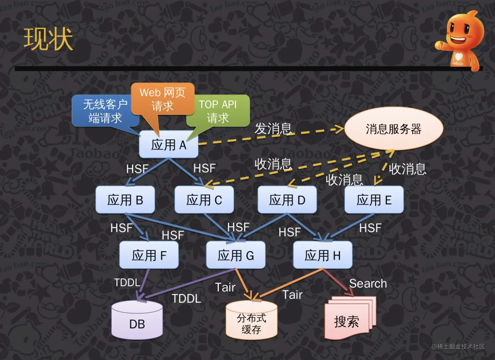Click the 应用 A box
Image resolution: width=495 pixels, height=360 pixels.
tap(168, 145)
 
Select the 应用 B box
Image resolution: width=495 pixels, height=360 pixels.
tap(125, 200)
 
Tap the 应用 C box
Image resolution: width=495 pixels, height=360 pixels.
tap(204, 200)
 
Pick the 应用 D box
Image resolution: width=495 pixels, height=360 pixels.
tap(287, 200)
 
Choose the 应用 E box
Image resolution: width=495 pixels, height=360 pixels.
tap(374, 200)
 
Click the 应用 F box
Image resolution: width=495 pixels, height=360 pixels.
tap(149, 255)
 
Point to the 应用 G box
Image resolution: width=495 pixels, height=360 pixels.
tap(236, 255)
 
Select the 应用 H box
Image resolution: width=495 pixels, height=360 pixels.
tap(323, 255)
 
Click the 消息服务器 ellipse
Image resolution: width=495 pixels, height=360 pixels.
tap(394, 129)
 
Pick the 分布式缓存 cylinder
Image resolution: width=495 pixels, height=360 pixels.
tap(251, 322)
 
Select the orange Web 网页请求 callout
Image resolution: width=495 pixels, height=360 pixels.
tap(162, 99)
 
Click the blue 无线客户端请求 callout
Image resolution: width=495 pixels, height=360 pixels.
tap(105, 111)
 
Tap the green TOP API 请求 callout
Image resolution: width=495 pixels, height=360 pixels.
tap(218, 111)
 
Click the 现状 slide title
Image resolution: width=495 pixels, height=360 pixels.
tap(48, 39)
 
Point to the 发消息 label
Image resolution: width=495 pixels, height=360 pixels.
tap(273, 129)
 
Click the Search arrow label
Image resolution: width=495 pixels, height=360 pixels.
tap(368, 284)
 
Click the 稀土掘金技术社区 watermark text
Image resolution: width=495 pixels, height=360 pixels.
tap(458, 347)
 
